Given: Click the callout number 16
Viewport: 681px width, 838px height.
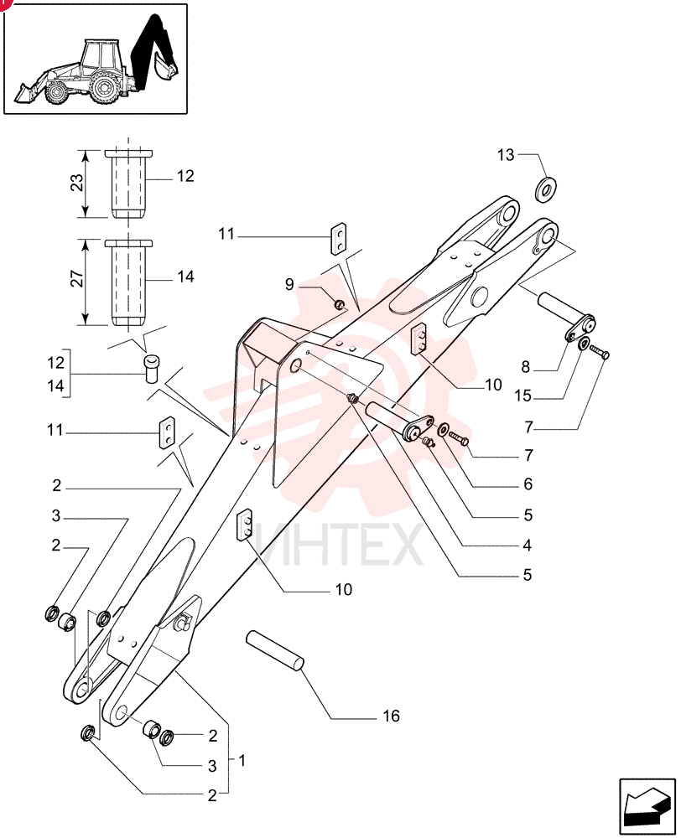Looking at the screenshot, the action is pos(391,716).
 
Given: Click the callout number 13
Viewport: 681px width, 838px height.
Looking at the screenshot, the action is pos(506,155).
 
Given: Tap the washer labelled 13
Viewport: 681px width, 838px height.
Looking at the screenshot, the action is pos(547,189).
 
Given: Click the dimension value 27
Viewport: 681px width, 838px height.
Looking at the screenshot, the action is pos(77,279).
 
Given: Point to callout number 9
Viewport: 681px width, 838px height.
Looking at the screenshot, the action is pos(289,284).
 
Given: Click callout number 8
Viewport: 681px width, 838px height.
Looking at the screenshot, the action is pos(525,367).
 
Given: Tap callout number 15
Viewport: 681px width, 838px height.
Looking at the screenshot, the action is pos(522,396).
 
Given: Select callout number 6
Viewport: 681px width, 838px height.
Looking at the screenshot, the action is pos(528,484).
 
